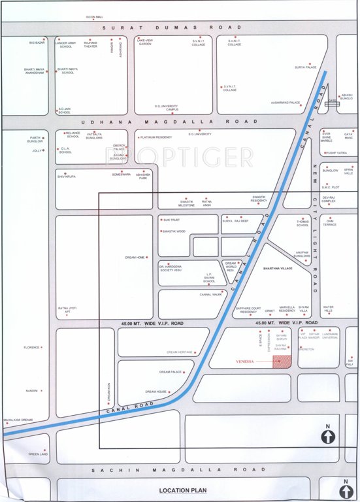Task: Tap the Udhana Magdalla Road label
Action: [x=169, y=122]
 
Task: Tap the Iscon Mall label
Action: [x=95, y=17]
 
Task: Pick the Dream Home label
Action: [x=135, y=258]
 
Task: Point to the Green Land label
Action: [x=38, y=454]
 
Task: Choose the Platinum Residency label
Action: [x=157, y=137]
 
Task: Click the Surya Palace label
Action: [x=305, y=67]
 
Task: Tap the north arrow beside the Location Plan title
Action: [x=346, y=488]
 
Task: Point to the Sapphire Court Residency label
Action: [x=248, y=310]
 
